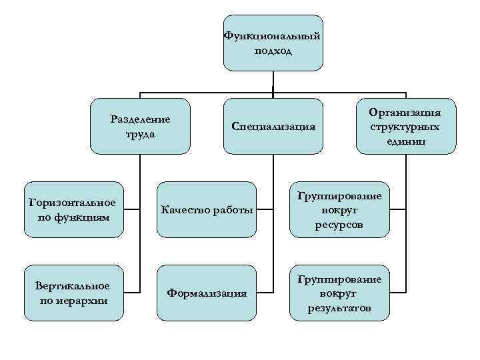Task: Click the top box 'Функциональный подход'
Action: (x=273, y=43)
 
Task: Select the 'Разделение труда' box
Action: (x=140, y=126)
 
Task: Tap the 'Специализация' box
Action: (x=273, y=126)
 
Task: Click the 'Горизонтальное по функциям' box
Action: (x=73, y=209)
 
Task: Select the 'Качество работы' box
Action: (x=206, y=210)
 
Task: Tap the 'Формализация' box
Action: (x=206, y=292)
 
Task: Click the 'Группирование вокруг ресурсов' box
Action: (x=339, y=209)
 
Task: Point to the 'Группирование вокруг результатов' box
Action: (x=339, y=293)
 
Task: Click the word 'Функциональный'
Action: (x=273, y=36)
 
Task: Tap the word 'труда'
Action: (x=140, y=133)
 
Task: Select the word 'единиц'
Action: (x=406, y=141)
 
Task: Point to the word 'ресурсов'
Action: (x=340, y=225)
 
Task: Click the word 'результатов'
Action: (x=340, y=309)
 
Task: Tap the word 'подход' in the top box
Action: (x=273, y=51)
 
